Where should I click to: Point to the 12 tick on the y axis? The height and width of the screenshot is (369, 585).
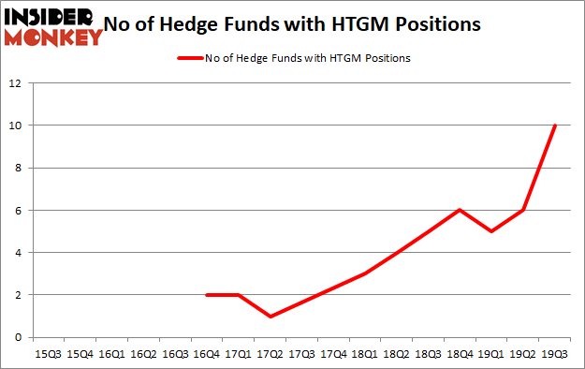[x=15, y=83]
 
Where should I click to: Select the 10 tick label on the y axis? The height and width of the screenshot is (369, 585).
[x=15, y=125]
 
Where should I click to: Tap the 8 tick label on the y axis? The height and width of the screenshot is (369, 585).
[x=18, y=168]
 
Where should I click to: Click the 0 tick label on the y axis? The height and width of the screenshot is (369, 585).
[x=18, y=337]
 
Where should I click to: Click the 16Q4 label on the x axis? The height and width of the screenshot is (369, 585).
[x=207, y=354]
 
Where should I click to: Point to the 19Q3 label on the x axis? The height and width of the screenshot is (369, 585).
[x=555, y=354]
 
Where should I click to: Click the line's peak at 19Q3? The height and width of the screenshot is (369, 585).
[x=555, y=125]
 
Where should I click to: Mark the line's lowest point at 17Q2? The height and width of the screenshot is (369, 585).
[x=270, y=316]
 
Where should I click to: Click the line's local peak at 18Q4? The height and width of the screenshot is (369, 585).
[x=460, y=210]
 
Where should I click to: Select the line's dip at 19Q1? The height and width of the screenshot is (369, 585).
[x=491, y=231]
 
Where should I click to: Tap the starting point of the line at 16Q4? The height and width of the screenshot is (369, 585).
[x=207, y=294]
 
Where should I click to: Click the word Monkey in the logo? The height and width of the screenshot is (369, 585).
[x=54, y=37]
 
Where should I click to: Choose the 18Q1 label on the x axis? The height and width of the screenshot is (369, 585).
[x=365, y=354]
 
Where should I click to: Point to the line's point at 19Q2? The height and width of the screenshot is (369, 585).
[x=523, y=210]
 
